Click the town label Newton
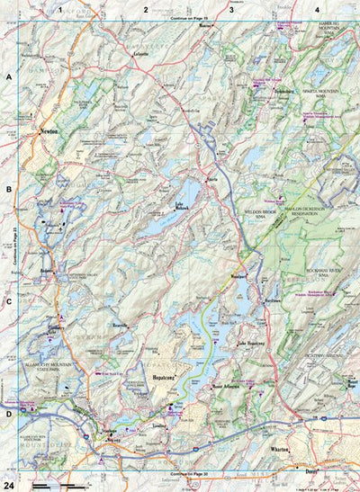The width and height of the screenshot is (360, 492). pos(49,131)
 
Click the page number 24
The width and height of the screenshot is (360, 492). pos(8,485)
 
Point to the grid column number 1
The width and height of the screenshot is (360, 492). pos(59,8)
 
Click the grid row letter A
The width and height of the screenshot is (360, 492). pos(8,77)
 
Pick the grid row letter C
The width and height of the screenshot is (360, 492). pos(8,301)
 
